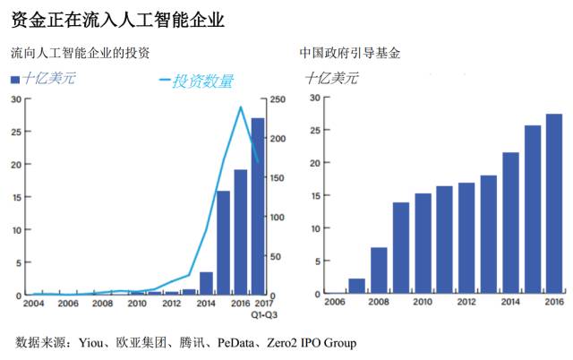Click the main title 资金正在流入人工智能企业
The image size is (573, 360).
117,17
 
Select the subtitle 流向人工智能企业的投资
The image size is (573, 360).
86,55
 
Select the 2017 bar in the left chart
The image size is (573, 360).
257,206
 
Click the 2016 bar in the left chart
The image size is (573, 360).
240,232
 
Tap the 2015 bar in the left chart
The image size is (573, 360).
223,243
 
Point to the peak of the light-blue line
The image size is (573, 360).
240,107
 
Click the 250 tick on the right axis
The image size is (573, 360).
279,99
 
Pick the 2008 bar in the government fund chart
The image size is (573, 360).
380,270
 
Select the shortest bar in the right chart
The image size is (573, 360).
356,286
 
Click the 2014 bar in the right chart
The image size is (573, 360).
510,223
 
